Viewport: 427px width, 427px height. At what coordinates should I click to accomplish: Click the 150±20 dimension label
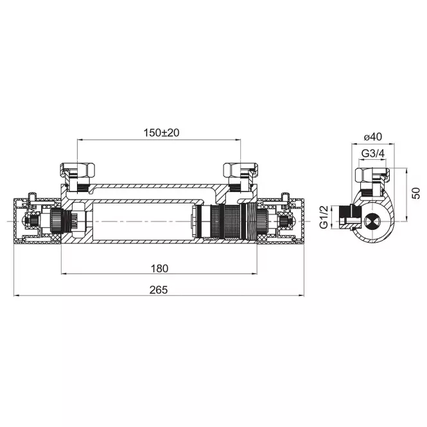[161, 133]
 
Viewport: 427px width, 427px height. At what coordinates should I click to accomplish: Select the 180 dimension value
[160, 268]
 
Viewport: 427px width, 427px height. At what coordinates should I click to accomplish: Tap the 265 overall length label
[159, 290]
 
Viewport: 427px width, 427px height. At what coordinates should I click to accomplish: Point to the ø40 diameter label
[373, 136]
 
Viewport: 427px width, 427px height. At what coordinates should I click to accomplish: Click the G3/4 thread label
[373, 153]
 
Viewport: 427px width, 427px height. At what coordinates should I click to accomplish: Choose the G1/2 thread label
[324, 217]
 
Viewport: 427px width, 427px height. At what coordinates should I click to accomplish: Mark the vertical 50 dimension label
[416, 193]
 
